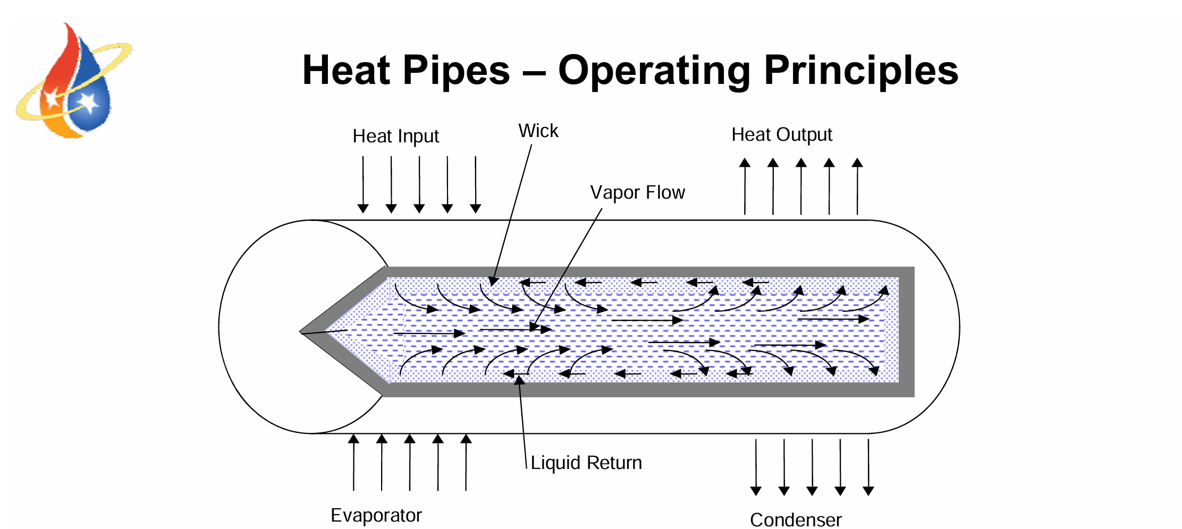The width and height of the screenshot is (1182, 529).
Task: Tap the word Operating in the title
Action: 654,71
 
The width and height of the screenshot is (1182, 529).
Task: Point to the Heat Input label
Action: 395,136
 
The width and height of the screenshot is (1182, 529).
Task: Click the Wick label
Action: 538,131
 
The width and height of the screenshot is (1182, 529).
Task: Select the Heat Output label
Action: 781,135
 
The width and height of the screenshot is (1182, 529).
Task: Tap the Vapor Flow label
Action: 637,192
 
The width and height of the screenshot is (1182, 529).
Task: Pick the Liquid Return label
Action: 586,463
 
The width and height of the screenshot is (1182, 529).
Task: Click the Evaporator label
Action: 376,515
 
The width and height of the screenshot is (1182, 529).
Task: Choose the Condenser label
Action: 796,519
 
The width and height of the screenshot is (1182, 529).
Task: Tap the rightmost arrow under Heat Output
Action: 857,186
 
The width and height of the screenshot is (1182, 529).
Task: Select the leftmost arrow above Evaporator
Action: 353,462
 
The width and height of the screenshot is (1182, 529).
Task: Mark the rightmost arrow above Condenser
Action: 868,467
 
